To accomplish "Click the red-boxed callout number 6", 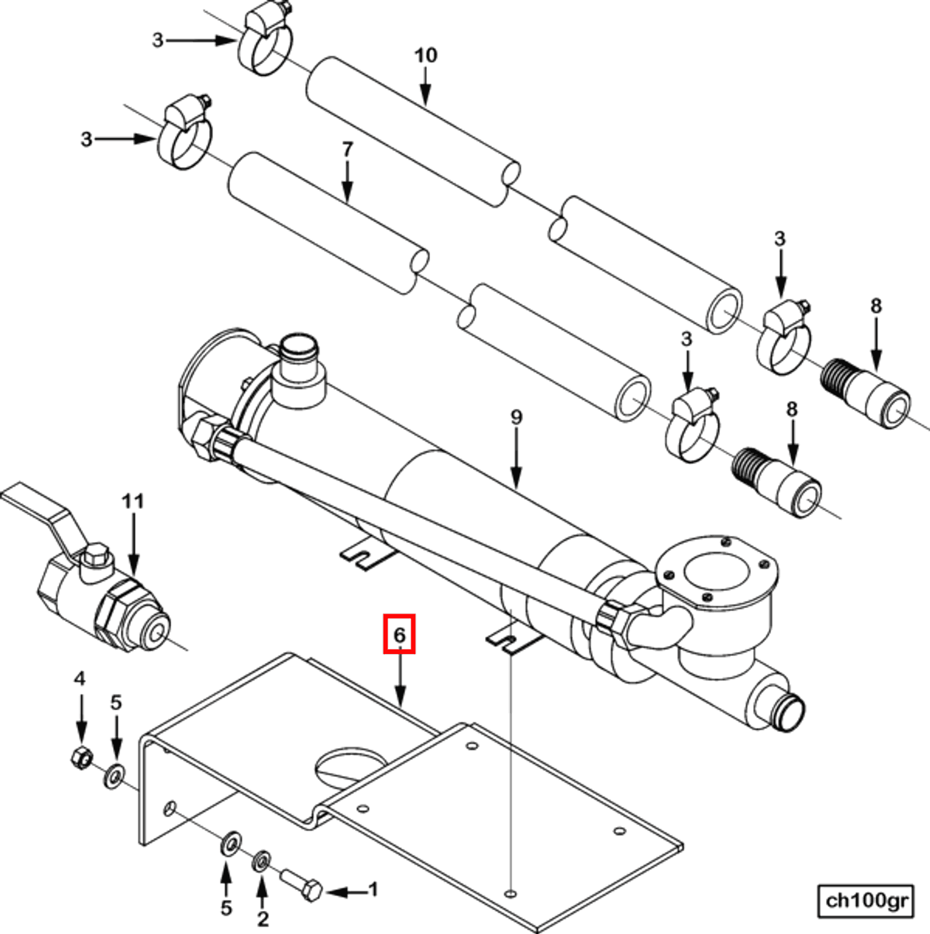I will click(x=399, y=634).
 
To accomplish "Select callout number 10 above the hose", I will click(x=425, y=55).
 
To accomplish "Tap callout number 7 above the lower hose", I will click(x=347, y=149).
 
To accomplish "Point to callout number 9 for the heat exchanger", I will click(x=516, y=417).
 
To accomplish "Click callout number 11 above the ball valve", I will click(x=133, y=501).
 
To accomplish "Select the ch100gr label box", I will click(x=865, y=901).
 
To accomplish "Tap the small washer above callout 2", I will click(x=261, y=860).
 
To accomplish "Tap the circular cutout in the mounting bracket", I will click(x=350, y=765).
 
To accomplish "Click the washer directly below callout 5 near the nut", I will click(x=115, y=775).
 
